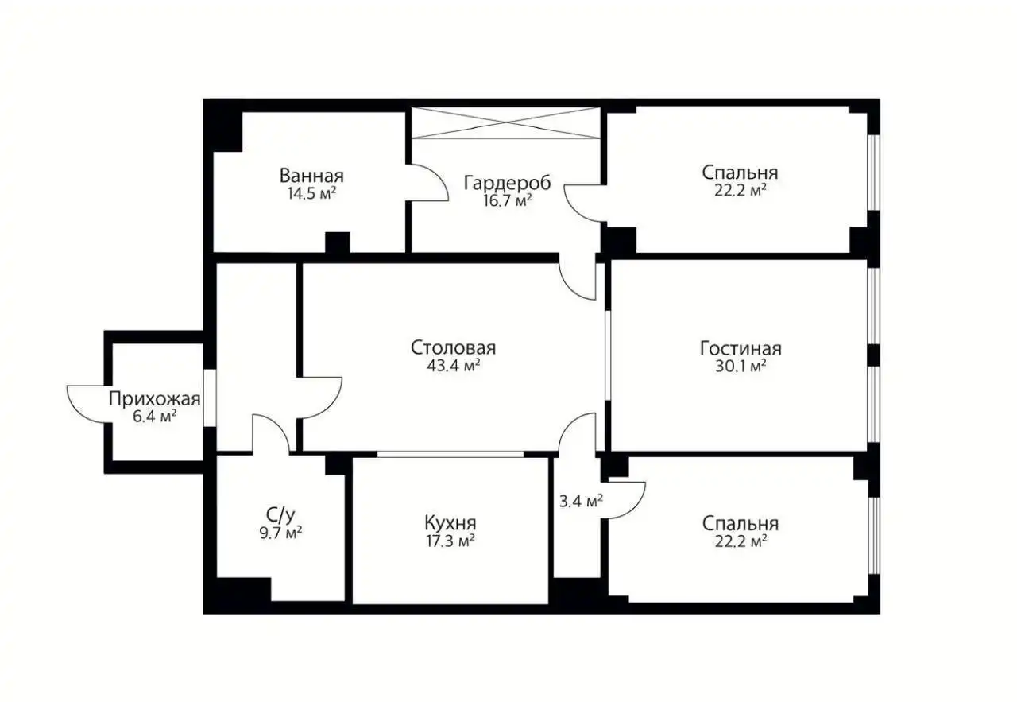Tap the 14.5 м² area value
tap(311, 193)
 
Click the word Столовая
tap(454, 348)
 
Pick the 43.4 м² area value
tap(454, 366)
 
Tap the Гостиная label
tap(741, 348)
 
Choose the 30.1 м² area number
tap(741, 366)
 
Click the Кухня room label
tap(450, 523)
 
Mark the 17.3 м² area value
tap(450, 541)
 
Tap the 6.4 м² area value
tap(154, 416)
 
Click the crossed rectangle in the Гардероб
tap(505, 123)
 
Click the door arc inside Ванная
tap(429, 183)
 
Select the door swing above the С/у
tap(271, 433)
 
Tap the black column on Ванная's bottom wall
tap(338, 242)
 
